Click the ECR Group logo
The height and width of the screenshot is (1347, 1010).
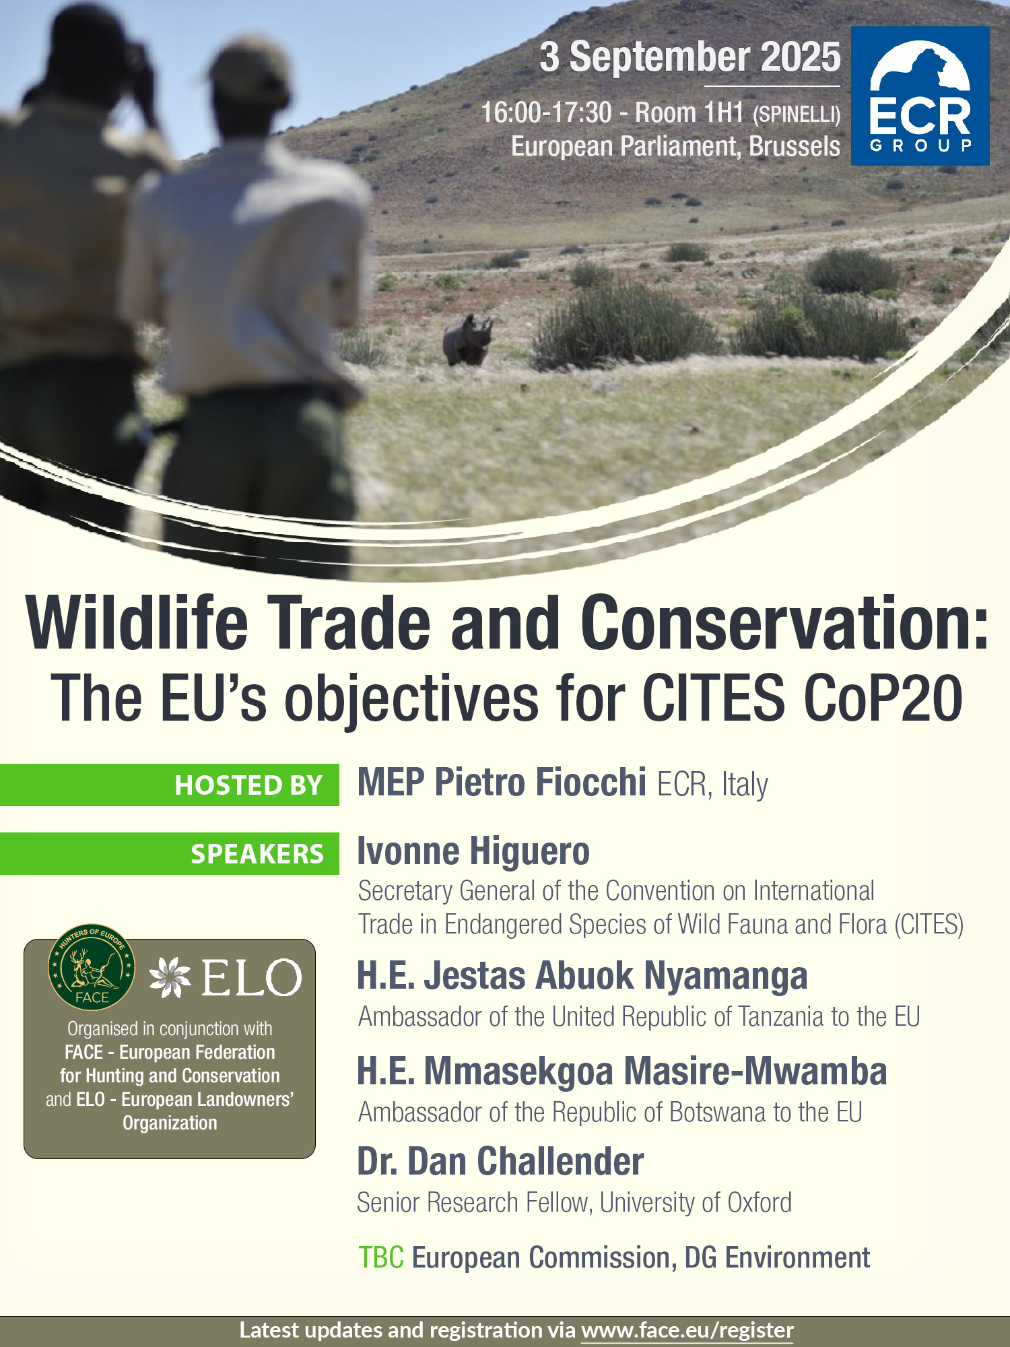920,96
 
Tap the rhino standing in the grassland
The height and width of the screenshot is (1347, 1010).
467,339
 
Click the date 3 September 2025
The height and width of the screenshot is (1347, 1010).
690,57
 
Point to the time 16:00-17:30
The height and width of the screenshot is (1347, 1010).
546,112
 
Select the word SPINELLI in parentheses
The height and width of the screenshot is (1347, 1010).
797,114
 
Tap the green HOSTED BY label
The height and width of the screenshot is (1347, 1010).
170,785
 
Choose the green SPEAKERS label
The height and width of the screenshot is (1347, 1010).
170,853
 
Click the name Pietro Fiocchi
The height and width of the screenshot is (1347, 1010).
540,783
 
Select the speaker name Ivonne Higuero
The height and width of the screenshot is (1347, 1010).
473,851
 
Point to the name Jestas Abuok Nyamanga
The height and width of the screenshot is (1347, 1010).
615,976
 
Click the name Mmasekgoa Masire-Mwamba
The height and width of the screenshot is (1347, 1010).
654,1071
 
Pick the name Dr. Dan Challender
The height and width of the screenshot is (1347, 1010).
500,1161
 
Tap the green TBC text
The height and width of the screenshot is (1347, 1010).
381,1257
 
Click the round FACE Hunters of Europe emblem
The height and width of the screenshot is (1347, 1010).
92,966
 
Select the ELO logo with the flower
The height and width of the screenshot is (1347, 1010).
225,977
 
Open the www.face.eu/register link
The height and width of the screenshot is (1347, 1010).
687,1330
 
